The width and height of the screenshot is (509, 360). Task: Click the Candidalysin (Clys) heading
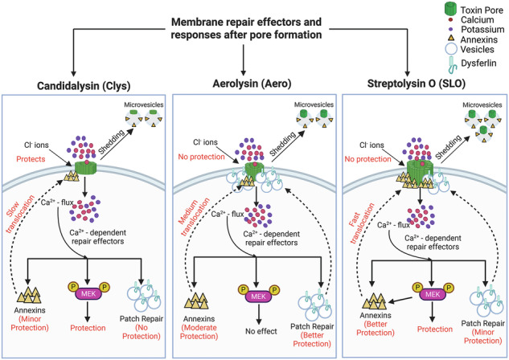pyautogui.click(x=84, y=86)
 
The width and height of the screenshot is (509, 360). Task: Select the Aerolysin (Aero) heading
pyautogui.click(x=252, y=84)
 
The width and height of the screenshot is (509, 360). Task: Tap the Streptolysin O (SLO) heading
pyautogui.click(x=417, y=84)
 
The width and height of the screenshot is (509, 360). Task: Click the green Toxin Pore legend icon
pyautogui.click(x=450, y=9)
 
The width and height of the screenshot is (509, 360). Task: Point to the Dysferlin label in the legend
pyautogui.click(x=478, y=63)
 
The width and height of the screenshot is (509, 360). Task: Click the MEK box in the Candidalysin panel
pyautogui.click(x=88, y=294)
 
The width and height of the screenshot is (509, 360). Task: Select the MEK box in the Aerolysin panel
pyautogui.click(x=258, y=297)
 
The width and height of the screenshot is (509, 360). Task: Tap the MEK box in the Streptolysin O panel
pyautogui.click(x=433, y=294)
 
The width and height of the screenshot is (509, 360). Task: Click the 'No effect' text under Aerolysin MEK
pyautogui.click(x=261, y=331)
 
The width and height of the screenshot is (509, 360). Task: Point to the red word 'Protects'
pyautogui.click(x=31, y=159)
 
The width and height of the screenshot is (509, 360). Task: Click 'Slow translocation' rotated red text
pyautogui.click(x=20, y=214)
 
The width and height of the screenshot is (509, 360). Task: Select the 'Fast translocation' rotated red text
pyautogui.click(x=362, y=223)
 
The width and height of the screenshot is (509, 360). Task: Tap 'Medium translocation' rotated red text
pyautogui.click(x=194, y=216)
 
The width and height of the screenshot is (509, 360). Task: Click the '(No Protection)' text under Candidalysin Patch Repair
pyautogui.click(x=142, y=332)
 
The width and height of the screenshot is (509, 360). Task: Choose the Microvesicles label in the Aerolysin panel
pyautogui.click(x=314, y=104)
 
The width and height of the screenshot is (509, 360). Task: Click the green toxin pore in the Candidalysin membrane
pyautogui.click(x=86, y=167)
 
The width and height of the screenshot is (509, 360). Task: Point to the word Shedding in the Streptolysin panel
pyautogui.click(x=448, y=147)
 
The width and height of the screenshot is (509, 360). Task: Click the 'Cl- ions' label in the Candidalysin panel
pyautogui.click(x=36, y=145)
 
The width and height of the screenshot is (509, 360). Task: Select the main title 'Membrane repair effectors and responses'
pyautogui.click(x=246, y=28)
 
